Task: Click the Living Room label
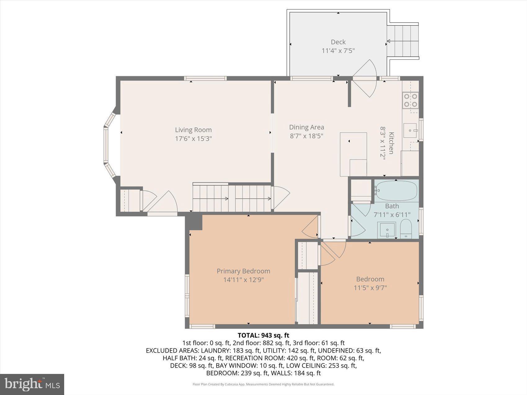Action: (x=193, y=130)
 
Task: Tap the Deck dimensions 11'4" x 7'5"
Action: (x=338, y=50)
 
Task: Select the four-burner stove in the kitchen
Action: (x=410, y=100)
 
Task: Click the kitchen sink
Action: (x=410, y=130)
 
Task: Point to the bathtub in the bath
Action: (x=396, y=190)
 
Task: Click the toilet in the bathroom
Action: (x=405, y=229)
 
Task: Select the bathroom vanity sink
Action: (x=386, y=230)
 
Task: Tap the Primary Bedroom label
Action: (x=243, y=271)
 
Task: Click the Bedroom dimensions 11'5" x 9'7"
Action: (x=370, y=288)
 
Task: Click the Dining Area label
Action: (x=306, y=127)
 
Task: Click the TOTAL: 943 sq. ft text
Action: (x=263, y=335)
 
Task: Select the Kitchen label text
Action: (x=392, y=143)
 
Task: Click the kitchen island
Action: (x=353, y=154)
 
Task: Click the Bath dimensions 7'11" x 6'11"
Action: (x=392, y=214)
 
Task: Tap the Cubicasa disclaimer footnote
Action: (x=263, y=384)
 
